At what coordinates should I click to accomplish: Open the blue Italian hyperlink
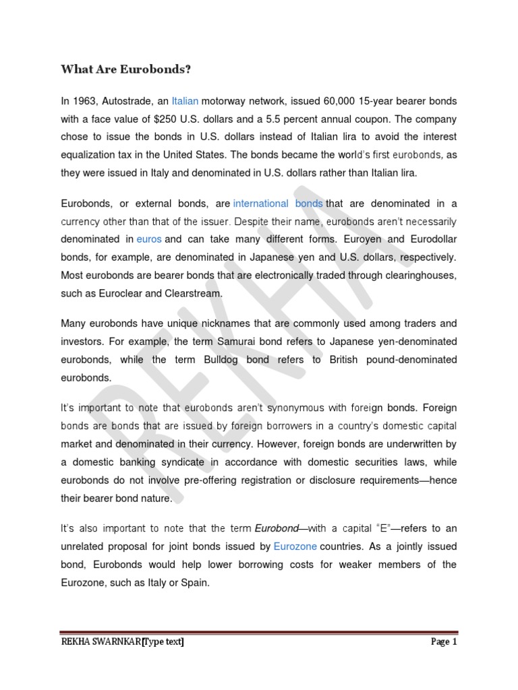point(185,101)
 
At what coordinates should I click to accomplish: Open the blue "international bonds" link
point(278,203)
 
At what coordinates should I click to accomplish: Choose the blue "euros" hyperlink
point(149,239)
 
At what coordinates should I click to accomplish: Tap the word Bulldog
point(224,360)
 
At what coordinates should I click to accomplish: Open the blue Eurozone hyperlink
point(295,546)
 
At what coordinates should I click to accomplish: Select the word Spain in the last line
point(192,582)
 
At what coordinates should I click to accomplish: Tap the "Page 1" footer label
point(444,642)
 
